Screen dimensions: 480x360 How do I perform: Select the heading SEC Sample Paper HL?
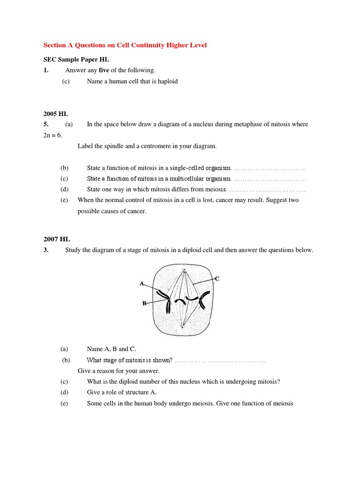tap(76, 60)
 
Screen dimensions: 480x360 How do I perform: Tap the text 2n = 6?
tap(52, 135)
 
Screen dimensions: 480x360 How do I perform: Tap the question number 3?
tap(46, 250)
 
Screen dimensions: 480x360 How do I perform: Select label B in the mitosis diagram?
tap(144, 303)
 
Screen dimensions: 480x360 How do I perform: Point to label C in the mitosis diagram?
tap(217, 278)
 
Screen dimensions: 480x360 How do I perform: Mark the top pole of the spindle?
tap(184, 271)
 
